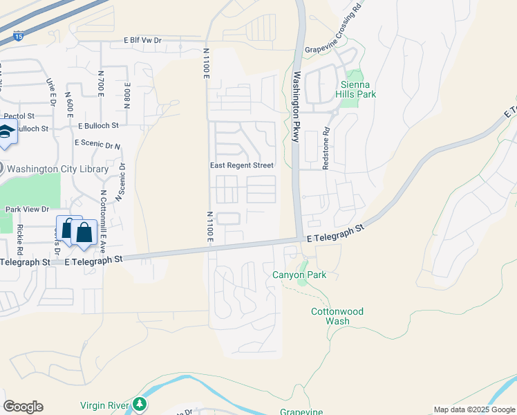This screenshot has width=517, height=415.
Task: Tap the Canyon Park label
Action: (x=299, y=275)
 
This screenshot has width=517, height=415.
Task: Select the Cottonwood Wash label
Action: (x=337, y=317)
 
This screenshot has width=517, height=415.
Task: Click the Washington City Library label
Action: (x=57, y=169)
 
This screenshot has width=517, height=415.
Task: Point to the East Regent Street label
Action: (x=242, y=166)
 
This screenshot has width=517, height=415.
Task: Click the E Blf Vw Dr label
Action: (x=142, y=41)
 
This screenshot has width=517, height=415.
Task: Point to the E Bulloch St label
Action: (x=98, y=126)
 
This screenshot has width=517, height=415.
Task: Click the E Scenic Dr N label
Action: (x=97, y=144)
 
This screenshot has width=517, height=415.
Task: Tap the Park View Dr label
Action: (x=27, y=209)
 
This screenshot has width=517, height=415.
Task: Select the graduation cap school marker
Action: (x=6, y=132)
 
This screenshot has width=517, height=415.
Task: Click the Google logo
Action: (x=23, y=407)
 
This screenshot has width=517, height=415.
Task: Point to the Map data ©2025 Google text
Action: (x=475, y=409)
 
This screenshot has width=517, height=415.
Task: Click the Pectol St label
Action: (x=14, y=116)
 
